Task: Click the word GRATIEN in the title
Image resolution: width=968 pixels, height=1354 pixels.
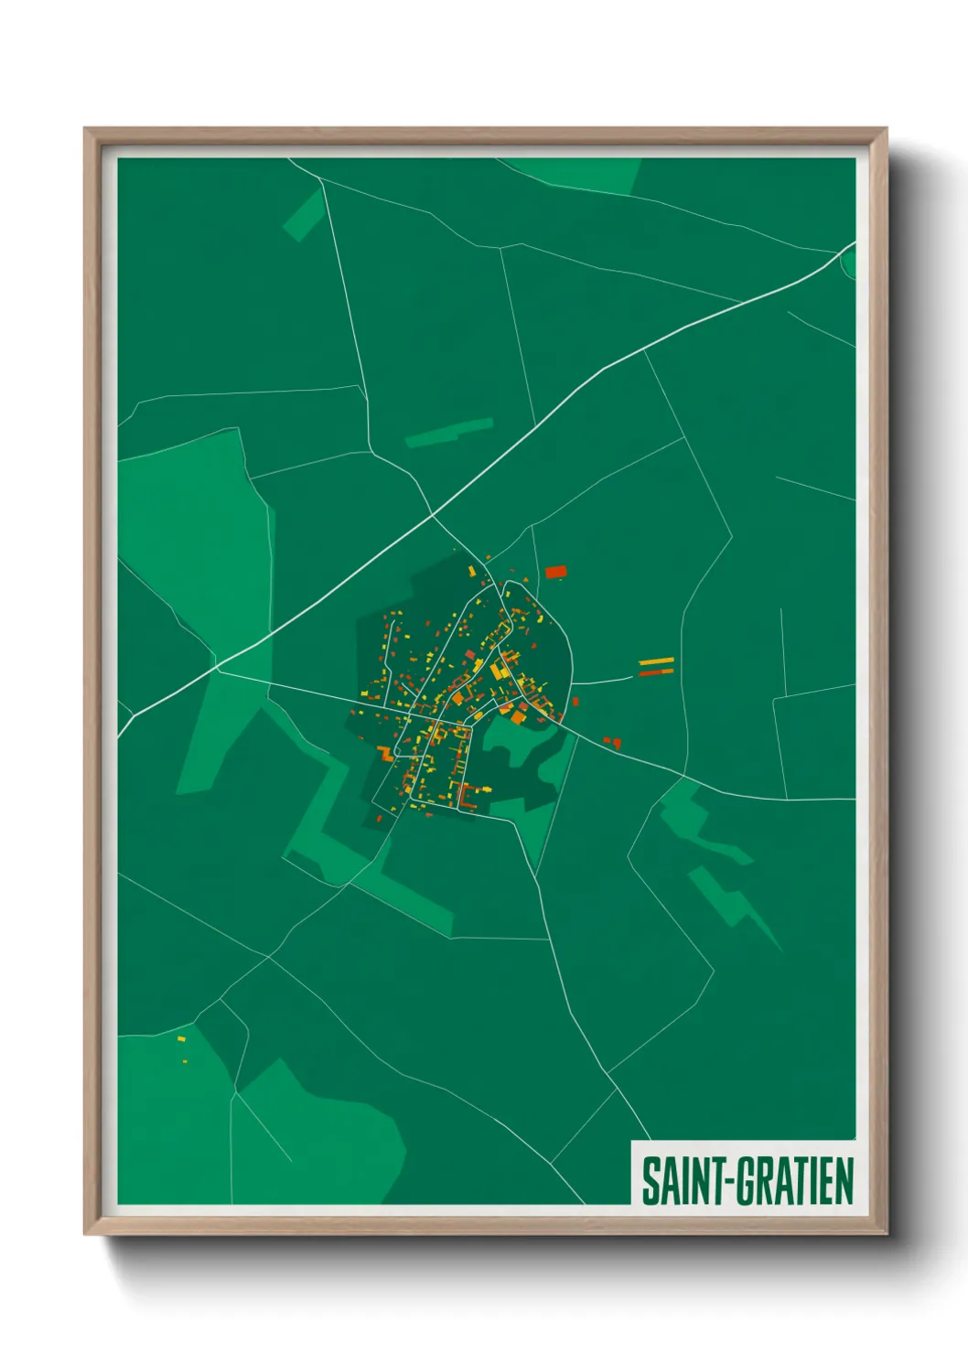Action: (x=795, y=1181)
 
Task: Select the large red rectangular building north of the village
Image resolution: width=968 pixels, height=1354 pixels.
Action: (x=556, y=573)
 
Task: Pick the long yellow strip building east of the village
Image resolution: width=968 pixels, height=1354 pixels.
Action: (x=656, y=661)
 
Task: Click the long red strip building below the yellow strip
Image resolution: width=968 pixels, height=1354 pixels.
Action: (x=656, y=672)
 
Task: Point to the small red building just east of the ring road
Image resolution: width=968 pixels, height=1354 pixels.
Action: (x=575, y=702)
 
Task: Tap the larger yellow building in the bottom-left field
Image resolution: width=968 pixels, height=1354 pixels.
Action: (x=180, y=1039)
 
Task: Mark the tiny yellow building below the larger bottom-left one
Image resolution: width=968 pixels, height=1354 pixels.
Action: (x=184, y=1061)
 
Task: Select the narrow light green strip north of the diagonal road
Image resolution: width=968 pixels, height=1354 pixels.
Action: (x=449, y=433)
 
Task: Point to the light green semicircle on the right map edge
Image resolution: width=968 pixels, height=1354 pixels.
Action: (x=848, y=263)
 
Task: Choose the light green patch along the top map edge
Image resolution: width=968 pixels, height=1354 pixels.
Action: (x=586, y=174)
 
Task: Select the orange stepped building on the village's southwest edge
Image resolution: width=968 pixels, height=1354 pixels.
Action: (x=385, y=754)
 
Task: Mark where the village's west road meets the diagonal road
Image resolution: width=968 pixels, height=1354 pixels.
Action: (x=219, y=671)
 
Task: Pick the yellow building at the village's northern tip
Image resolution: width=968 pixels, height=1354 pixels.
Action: (x=472, y=571)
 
